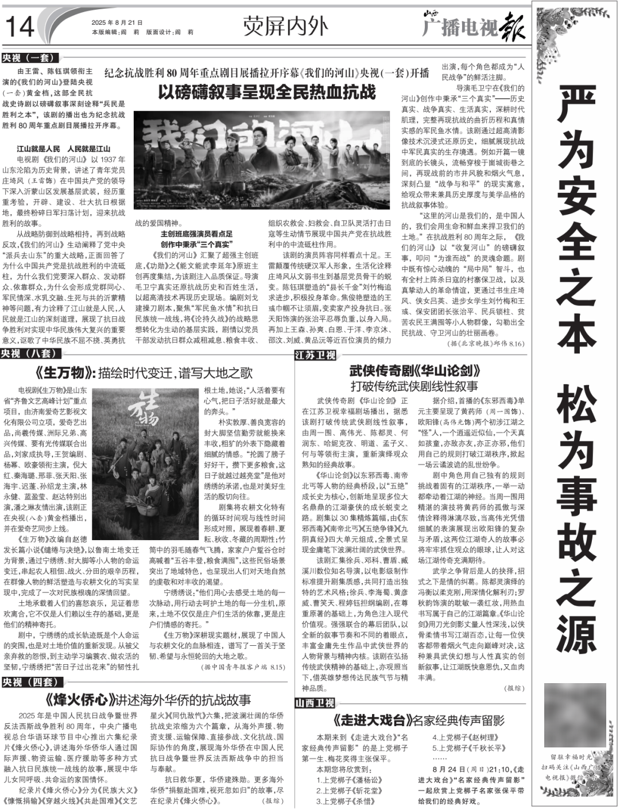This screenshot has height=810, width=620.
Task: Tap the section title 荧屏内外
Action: (x=285, y=26)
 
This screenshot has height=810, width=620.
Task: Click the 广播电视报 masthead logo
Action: (x=474, y=25)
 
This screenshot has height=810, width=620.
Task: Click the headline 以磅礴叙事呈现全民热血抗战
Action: (x=267, y=92)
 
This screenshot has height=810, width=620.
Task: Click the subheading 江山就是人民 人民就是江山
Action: (x=63, y=149)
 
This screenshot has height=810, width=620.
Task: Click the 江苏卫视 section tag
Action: (x=315, y=355)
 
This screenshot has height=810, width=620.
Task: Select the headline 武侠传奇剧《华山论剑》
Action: (x=414, y=370)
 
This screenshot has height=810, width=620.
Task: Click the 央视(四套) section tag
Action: (x=30, y=682)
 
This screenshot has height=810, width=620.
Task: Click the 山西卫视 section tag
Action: (x=315, y=703)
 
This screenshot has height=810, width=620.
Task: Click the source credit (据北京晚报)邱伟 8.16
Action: (x=486, y=343)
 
